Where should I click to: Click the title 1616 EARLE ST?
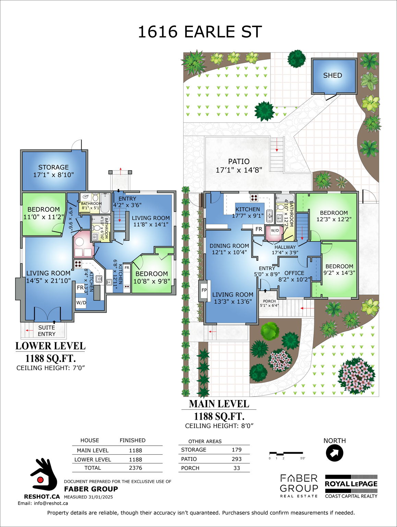(200, 32)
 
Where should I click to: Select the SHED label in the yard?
(333, 75)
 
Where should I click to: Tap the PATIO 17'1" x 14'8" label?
(239, 166)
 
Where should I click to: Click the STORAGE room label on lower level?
(53, 171)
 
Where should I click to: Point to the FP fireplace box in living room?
(204, 290)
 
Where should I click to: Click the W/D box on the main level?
(275, 231)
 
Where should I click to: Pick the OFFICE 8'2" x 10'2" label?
(294, 276)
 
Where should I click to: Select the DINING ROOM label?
(229, 249)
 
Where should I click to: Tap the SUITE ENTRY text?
(47, 331)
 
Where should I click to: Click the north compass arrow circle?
(334, 453)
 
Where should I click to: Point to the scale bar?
(286, 454)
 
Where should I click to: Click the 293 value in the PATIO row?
(237, 459)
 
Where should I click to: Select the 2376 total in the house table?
(135, 468)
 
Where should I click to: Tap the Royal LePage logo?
(351, 487)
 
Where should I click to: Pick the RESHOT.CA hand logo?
(43, 475)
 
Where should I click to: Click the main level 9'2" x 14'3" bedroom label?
(339, 270)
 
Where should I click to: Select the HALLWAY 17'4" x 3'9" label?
(285, 250)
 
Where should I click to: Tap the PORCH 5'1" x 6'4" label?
(269, 303)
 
